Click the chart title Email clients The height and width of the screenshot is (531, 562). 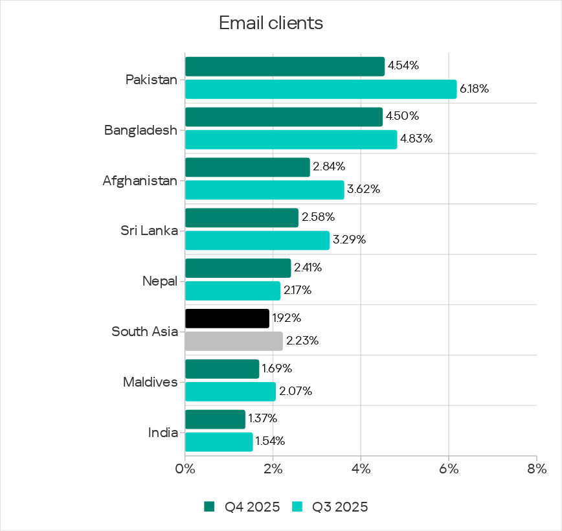pos(271,23)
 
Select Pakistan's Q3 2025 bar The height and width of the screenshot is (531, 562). pos(320,89)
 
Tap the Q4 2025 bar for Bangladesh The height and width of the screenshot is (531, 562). pos(284,117)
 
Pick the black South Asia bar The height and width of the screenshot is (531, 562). pos(227,318)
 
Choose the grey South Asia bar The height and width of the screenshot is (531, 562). pos(234,341)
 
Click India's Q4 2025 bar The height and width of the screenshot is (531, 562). pos(215,419)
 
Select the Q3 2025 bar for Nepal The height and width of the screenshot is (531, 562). pos(232,290)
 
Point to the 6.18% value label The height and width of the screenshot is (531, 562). pos(474,89)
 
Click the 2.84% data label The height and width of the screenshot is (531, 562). pos(328,167)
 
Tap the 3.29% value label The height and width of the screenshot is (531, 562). pos(349,240)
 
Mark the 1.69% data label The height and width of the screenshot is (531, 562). pos(277,368)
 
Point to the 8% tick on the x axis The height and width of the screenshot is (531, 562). pos(536,469)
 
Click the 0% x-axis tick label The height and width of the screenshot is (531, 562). pos(185,469)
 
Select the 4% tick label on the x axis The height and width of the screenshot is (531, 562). pos(361,469)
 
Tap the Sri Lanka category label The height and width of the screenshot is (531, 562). pos(149,231)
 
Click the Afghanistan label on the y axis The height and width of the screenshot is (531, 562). pos(140,181)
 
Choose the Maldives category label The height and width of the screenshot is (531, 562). pos(150,382)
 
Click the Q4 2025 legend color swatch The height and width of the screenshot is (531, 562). pos(209,506)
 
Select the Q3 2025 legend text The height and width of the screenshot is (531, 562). pos(340,506)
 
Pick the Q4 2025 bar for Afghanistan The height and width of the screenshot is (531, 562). pos(247,167)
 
